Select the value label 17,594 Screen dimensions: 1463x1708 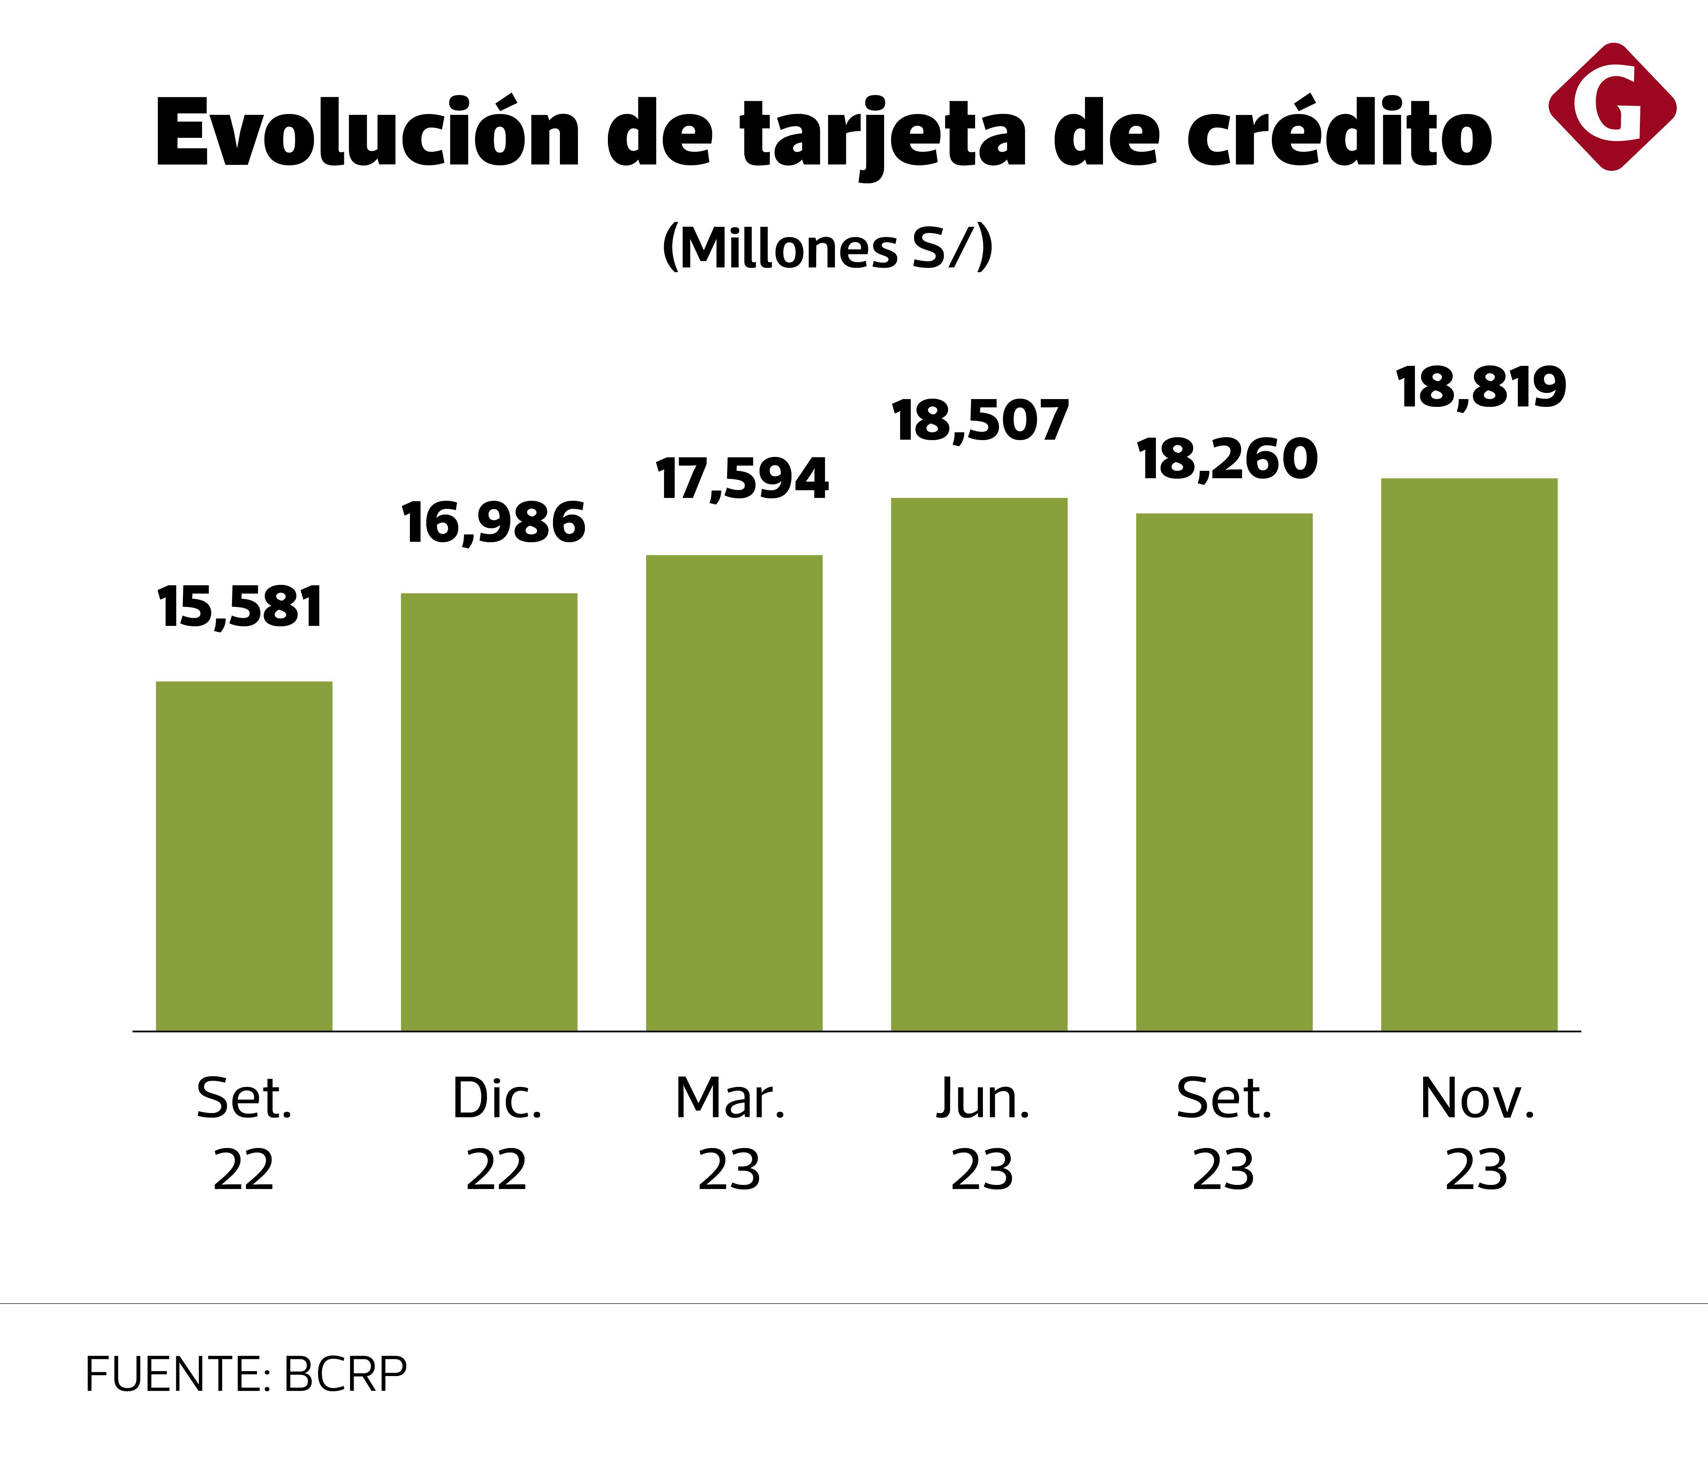click(742, 479)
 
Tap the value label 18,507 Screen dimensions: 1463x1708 click(980, 421)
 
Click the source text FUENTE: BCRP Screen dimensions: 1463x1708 click(246, 1374)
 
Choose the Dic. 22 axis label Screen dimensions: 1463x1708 click(496, 1134)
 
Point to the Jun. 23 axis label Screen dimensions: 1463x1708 click(982, 1134)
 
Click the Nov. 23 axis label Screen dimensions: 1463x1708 click(1476, 1134)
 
